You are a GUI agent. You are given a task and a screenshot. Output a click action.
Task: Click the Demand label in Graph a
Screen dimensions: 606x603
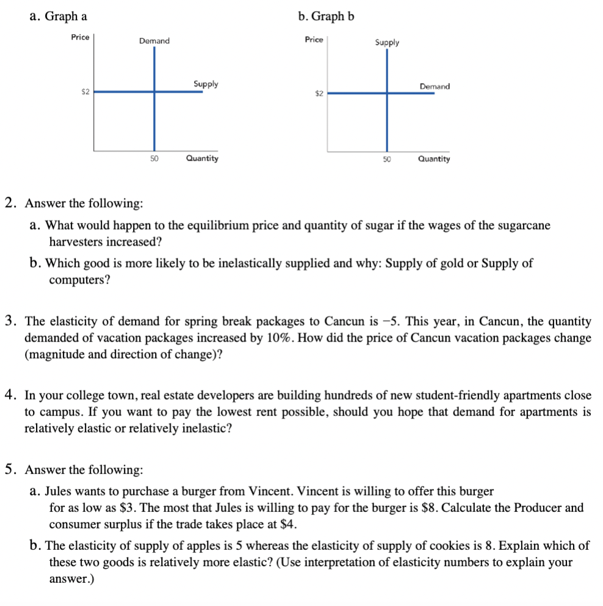pos(154,41)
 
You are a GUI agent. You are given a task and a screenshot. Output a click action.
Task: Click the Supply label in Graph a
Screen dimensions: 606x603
pos(206,84)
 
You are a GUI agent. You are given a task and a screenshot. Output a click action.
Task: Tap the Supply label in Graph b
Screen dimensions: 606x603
pos(387,42)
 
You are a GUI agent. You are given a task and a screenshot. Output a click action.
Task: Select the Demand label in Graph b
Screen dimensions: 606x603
pos(435,87)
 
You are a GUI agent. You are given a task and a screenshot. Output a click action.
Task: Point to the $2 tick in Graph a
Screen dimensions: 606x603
pos(85,92)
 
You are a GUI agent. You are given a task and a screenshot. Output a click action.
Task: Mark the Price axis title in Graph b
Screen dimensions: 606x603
pos(314,40)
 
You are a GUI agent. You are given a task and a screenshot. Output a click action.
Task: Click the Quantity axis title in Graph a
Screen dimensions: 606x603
pos(202,158)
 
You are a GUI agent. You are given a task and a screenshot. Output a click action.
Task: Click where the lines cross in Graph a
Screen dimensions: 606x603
pos(154,92)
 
